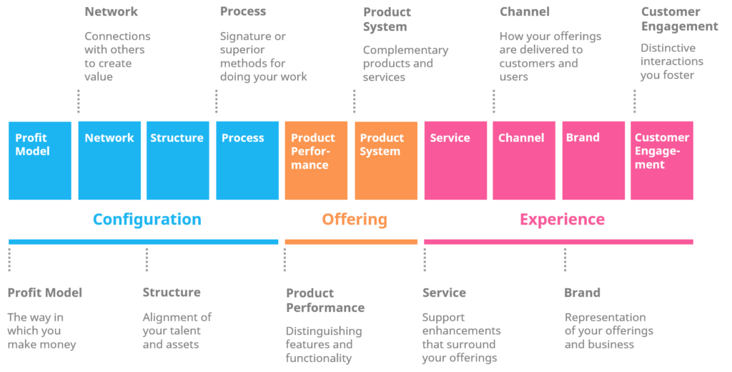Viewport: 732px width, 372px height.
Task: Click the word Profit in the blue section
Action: point(31,138)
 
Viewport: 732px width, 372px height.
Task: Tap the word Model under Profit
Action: point(32,152)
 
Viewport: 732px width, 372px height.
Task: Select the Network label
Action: point(109,138)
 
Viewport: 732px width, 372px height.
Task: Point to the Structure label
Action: point(177,138)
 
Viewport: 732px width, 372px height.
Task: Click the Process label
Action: point(242,138)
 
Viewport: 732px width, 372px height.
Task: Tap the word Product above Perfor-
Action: point(312,138)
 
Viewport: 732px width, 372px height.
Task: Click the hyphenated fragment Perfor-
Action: point(310,152)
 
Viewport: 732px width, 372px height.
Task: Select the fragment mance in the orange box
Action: point(310,165)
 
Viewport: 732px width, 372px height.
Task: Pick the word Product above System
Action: point(382,138)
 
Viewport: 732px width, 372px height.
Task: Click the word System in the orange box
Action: point(380,152)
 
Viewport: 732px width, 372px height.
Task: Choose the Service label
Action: point(450,138)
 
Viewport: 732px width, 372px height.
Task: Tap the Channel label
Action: point(520,138)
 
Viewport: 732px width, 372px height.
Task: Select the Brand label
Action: point(582,138)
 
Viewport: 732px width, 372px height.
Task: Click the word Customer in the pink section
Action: point(661,138)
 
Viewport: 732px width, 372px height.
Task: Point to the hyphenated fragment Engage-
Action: point(657,152)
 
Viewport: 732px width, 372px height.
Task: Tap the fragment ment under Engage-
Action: point(649,165)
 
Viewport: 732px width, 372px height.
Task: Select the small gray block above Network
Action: point(122,54)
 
